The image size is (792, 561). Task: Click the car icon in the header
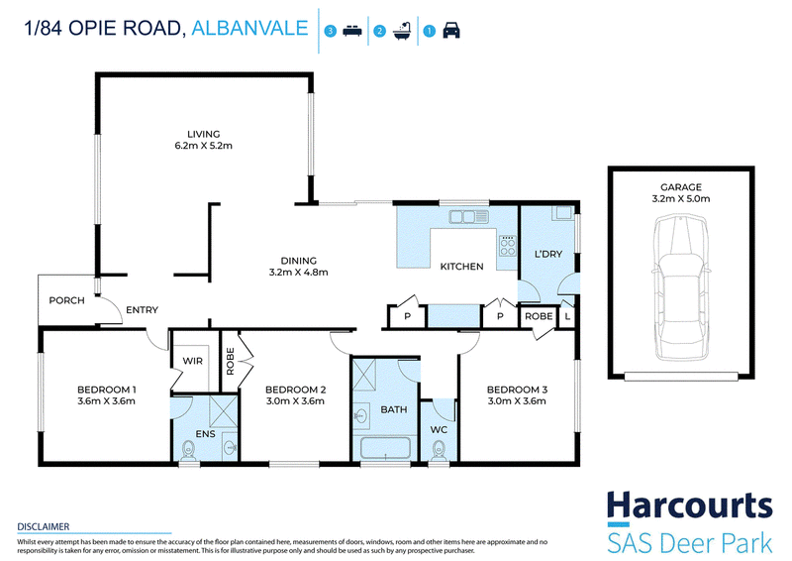[451, 31]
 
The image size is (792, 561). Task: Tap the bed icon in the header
[352, 31]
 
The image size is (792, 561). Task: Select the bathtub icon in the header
[402, 31]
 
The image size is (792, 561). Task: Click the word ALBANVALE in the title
[250, 28]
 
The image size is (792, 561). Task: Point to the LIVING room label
[204, 134]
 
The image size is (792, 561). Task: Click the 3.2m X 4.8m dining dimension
[299, 273]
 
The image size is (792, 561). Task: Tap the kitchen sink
[468, 217]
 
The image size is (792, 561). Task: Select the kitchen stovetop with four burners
[508, 247]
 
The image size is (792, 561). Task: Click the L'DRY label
[548, 254]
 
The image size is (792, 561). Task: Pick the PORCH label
[66, 300]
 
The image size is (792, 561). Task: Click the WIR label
[192, 361]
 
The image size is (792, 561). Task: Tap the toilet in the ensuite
[188, 450]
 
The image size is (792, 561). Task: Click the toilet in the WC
[439, 450]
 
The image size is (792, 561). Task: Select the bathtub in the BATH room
[385, 449]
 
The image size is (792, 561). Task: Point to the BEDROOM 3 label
[517, 390]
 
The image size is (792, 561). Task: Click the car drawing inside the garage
[680, 287]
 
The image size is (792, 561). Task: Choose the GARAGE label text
[681, 187]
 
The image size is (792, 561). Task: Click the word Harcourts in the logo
[689, 505]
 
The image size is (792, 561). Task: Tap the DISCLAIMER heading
[44, 526]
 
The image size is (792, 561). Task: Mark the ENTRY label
[142, 310]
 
